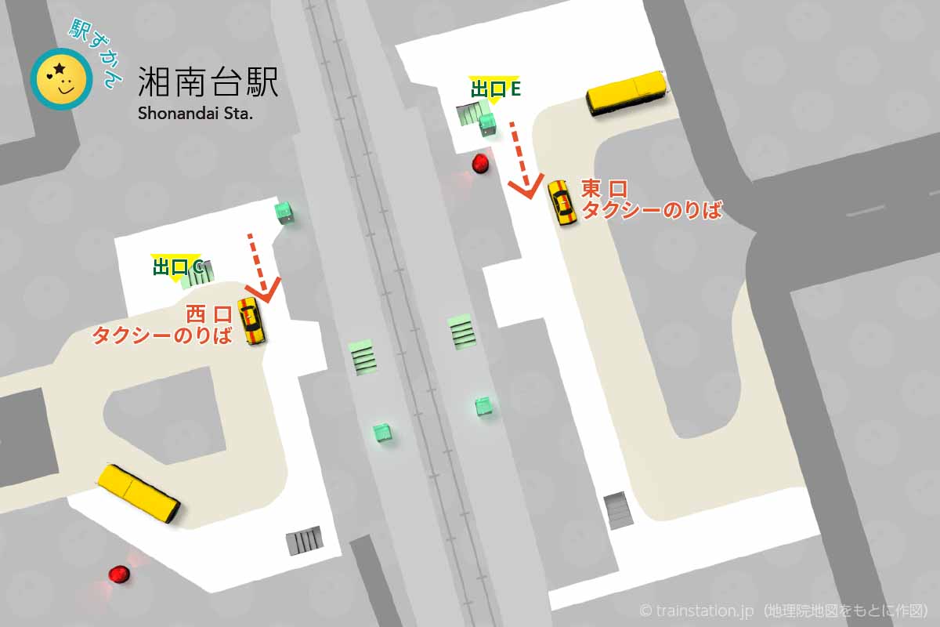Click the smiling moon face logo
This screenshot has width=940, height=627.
tap(61, 79)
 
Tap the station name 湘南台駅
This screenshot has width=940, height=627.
tap(208, 82)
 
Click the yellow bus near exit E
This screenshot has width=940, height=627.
tap(627, 92)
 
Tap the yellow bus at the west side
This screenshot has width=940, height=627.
tap(139, 493)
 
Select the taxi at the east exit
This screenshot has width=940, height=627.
tap(561, 202)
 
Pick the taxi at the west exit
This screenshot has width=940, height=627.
tap(251, 321)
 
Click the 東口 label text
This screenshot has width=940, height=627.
tap(604, 189)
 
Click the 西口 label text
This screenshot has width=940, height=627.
tap(209, 315)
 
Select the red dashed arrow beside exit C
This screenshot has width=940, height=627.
tap(259, 267)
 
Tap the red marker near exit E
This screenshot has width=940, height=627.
tap(480, 164)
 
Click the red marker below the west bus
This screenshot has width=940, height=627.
tap(119, 574)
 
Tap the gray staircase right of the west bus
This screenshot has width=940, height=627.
tap(305, 540)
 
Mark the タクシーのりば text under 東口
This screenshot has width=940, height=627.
tap(650, 209)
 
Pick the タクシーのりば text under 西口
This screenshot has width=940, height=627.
tap(162, 336)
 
